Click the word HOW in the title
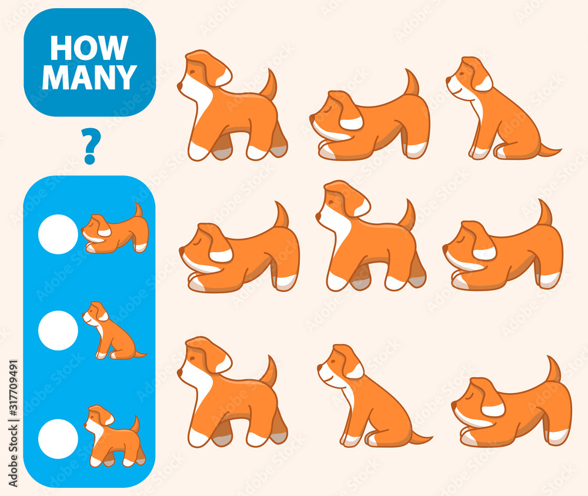[89, 48]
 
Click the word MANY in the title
[89, 77]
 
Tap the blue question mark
[90, 146]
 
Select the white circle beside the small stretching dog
[58, 234]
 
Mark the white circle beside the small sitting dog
[58, 330]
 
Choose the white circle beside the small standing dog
[58, 438]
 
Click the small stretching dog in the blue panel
[115, 232]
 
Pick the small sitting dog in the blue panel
[112, 331]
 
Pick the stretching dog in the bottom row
[512, 408]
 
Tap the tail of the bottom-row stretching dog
[554, 370]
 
